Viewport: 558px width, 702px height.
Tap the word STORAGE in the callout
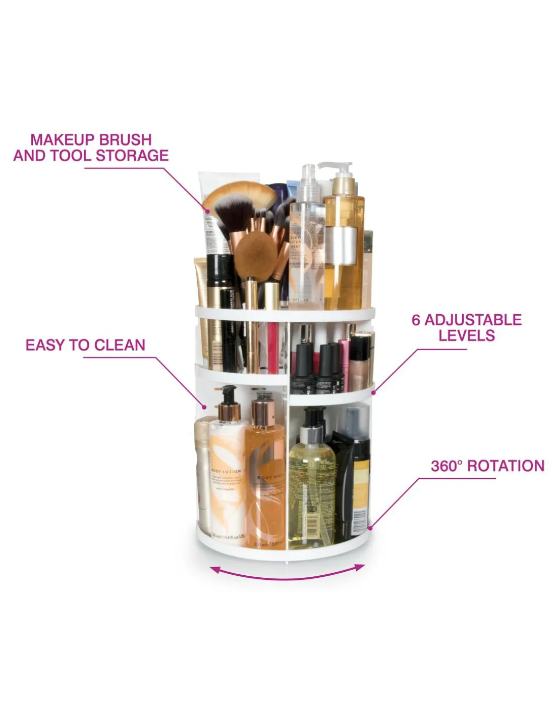132,156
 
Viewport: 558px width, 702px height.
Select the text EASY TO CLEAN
85,345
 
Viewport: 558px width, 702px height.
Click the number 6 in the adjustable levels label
416,320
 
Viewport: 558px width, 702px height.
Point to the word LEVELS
467,335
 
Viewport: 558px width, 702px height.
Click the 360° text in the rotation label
447,466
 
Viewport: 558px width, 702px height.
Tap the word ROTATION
506,466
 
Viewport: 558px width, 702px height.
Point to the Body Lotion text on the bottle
226,471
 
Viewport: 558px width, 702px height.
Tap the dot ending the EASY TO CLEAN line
204,406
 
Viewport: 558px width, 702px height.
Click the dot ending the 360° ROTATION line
370,528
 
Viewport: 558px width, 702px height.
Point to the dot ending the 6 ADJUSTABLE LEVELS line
373,392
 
